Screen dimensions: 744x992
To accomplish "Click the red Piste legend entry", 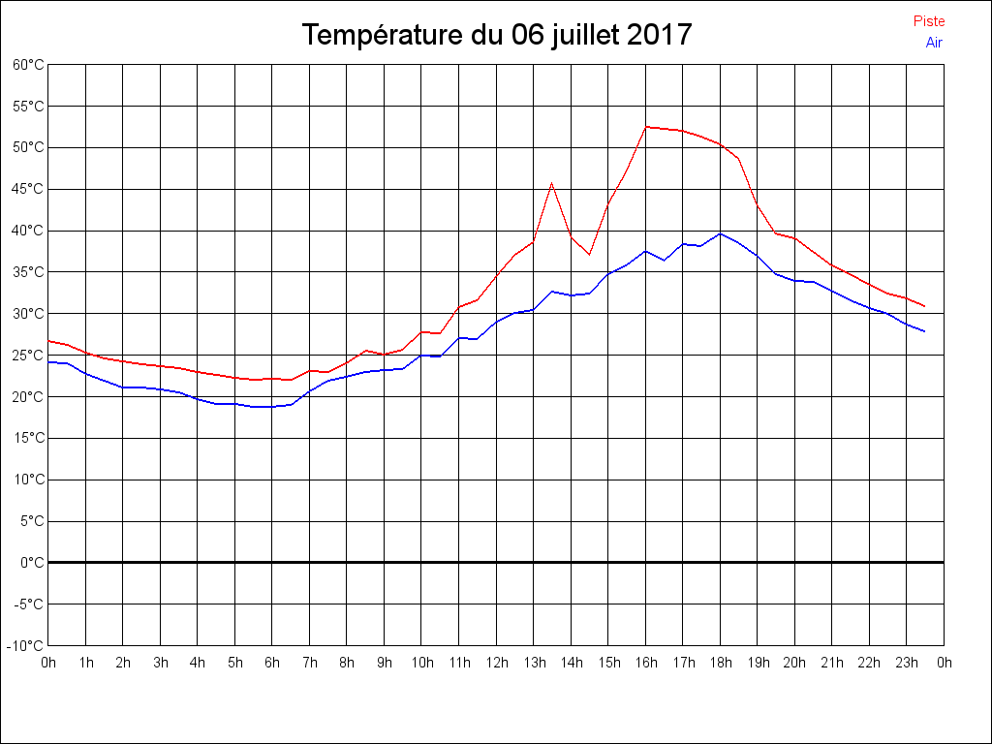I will (x=929, y=21).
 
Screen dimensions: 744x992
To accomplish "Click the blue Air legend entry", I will (x=934, y=43).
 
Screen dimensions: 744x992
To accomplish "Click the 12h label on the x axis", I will (x=496, y=663).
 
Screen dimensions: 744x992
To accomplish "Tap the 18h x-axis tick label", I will (x=720, y=663).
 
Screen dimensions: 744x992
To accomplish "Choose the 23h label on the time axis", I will (x=907, y=663).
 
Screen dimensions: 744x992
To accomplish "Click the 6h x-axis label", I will (x=272, y=663).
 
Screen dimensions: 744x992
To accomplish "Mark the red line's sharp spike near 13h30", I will (x=552, y=183).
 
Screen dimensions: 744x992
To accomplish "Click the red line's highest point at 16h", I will (x=646, y=127).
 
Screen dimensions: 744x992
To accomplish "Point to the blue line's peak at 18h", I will (x=720, y=233).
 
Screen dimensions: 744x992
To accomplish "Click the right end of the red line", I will (x=925, y=306).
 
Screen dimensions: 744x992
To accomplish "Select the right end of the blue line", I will (x=925, y=332).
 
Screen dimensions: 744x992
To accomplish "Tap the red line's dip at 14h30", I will (x=589, y=254).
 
